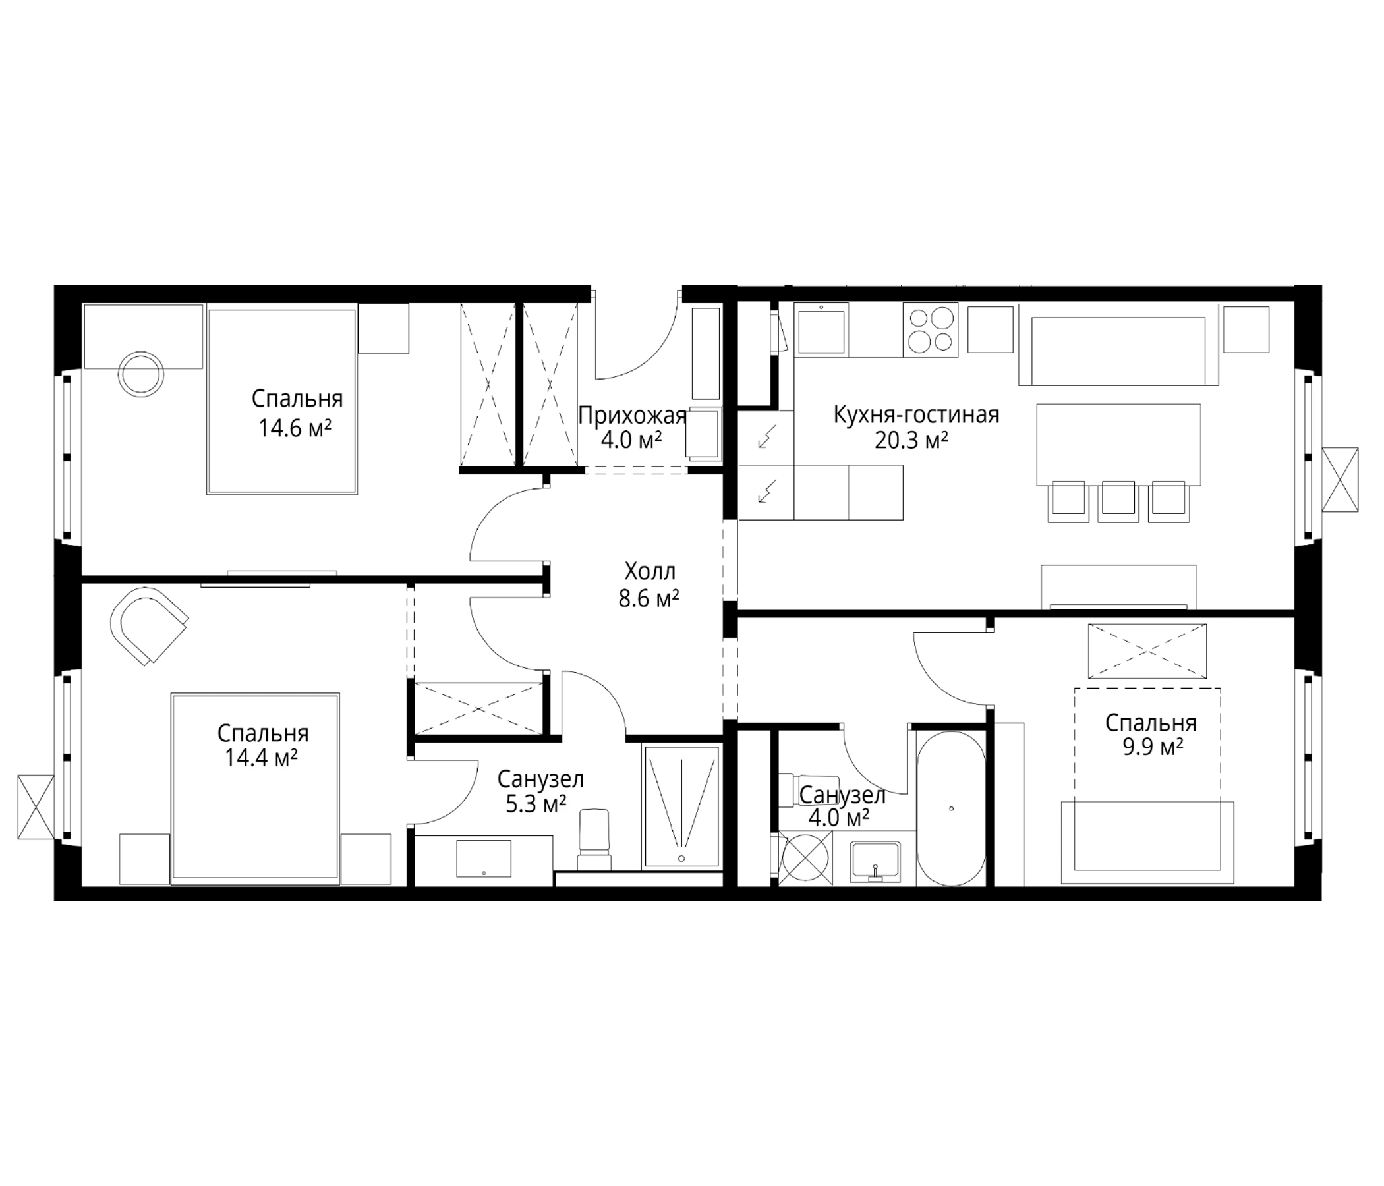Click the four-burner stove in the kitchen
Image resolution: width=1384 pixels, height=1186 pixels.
(930, 329)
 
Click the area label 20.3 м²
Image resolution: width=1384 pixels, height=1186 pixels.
(911, 441)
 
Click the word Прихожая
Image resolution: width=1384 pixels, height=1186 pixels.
(632, 415)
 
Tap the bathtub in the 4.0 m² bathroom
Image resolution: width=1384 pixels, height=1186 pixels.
(950, 808)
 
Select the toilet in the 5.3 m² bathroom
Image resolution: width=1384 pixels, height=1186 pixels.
(594, 839)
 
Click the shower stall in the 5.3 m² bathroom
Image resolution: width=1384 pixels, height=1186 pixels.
(681, 807)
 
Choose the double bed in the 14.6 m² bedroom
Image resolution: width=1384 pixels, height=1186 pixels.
(282, 401)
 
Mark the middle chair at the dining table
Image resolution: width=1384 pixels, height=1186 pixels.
(1118, 501)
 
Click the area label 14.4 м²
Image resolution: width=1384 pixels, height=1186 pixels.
(261, 758)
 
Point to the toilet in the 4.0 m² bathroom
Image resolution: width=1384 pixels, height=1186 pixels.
(809, 785)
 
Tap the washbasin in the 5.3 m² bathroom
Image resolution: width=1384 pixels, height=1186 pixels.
(484, 858)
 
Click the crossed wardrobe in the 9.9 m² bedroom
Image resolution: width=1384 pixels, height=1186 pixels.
(1147, 650)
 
